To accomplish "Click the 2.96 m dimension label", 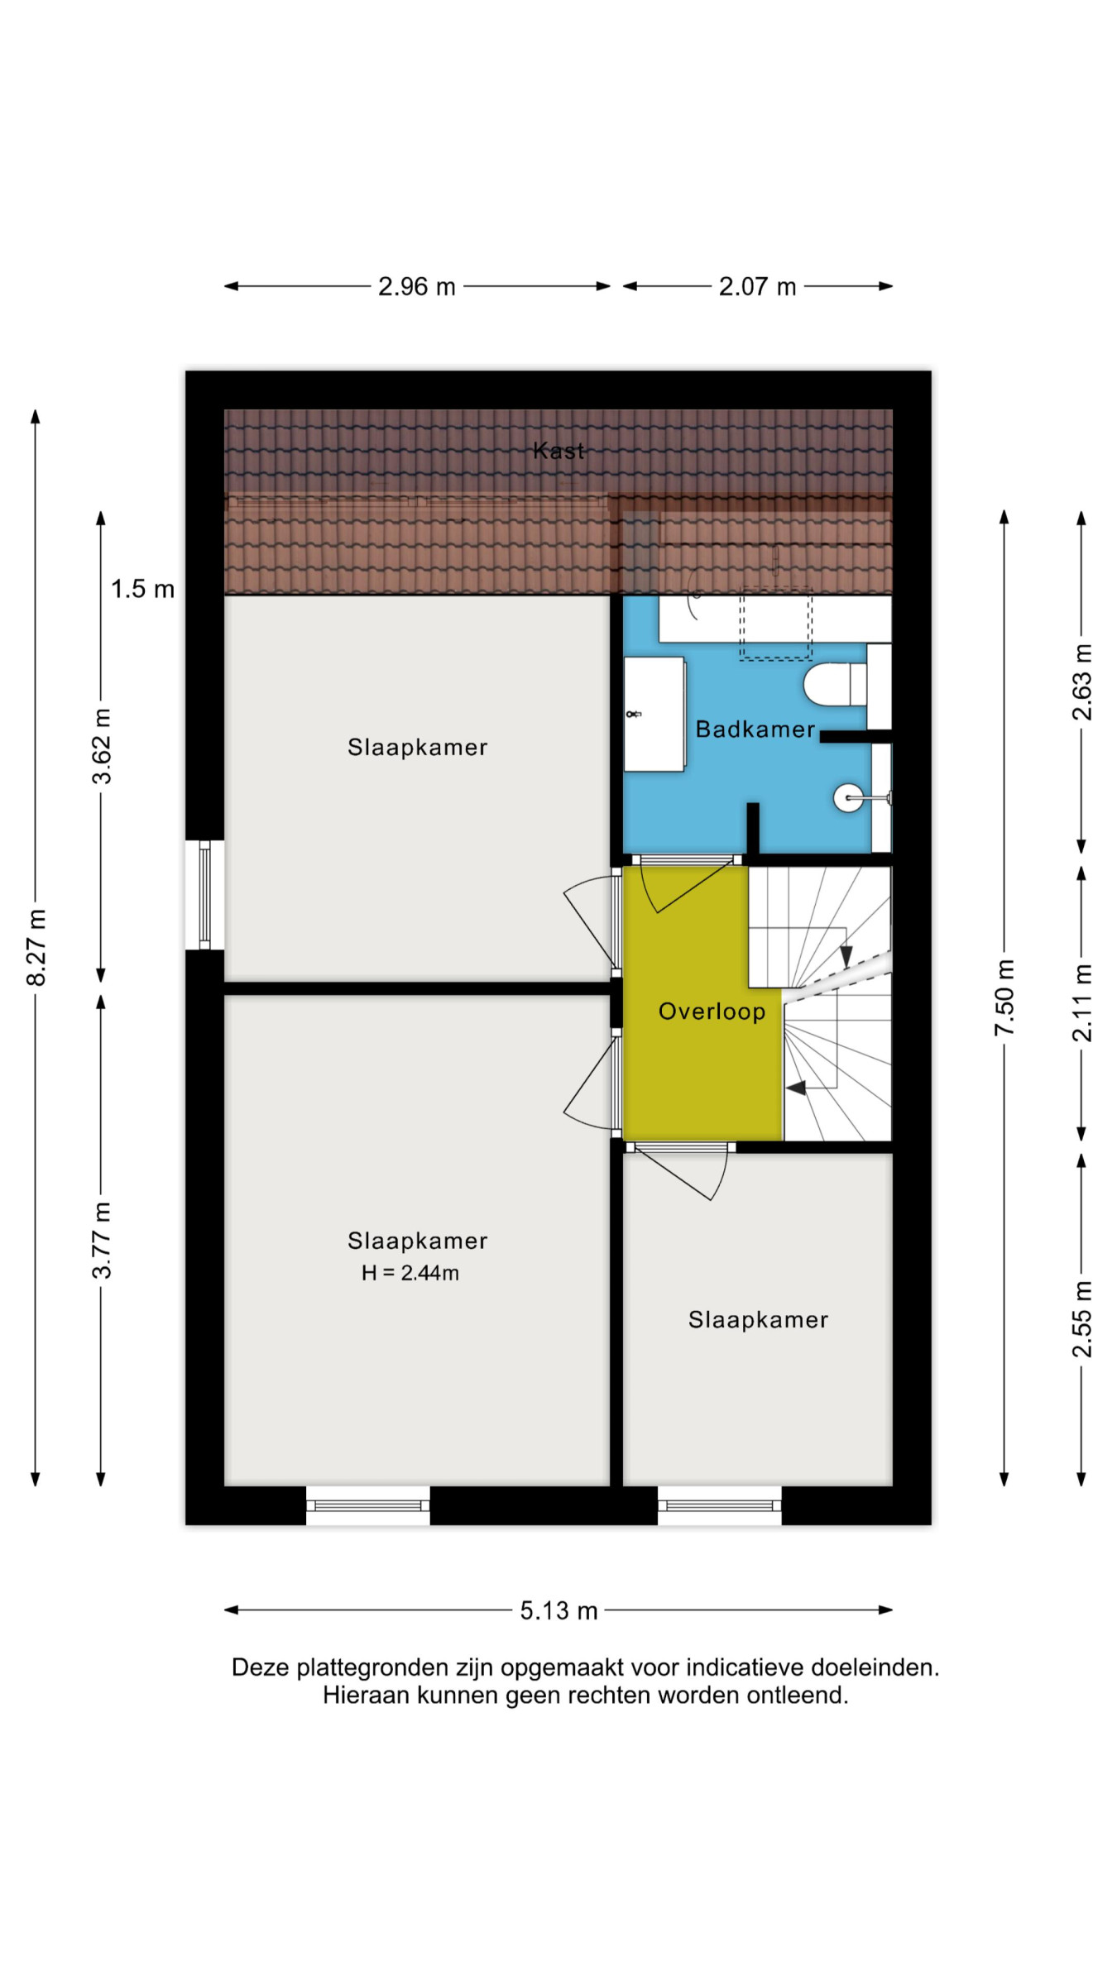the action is click(x=417, y=287).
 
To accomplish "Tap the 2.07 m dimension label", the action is click(x=757, y=287).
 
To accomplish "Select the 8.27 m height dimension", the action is click(x=36, y=947).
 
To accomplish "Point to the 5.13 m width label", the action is click(x=558, y=1610).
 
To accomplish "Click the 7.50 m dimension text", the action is click(x=1004, y=997).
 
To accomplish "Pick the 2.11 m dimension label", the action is click(x=1082, y=1002).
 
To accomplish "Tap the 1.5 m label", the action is click(x=142, y=590).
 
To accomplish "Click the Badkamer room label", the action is click(x=755, y=729).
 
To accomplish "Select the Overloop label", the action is click(x=712, y=1012).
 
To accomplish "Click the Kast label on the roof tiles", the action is click(x=559, y=451).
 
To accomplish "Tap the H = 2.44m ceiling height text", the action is click(x=410, y=1273).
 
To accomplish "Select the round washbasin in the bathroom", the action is click(x=849, y=798).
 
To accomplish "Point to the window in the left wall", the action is click(x=204, y=895).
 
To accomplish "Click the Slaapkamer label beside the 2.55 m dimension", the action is click(x=758, y=1320).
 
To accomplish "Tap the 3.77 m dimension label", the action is click(x=102, y=1241).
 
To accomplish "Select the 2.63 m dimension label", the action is click(x=1082, y=682).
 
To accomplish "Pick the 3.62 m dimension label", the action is click(x=102, y=746).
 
